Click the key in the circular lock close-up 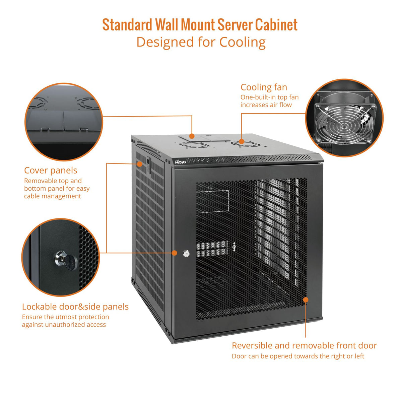tap(70, 262)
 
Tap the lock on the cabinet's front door tap(186, 254)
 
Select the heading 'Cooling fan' tap(264, 87)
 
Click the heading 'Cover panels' tap(51, 171)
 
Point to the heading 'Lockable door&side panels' tap(75, 307)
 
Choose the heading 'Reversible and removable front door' tap(304, 345)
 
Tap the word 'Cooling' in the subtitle tap(243, 42)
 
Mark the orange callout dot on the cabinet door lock tap(175, 253)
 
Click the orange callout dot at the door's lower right tap(306, 299)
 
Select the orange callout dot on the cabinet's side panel tap(139, 164)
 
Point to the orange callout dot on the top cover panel tap(192, 136)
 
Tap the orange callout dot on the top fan tap(242, 141)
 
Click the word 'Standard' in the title tap(127, 25)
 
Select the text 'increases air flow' tap(266, 105)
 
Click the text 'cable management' tap(53, 196)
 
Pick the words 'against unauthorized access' tap(64, 325)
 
